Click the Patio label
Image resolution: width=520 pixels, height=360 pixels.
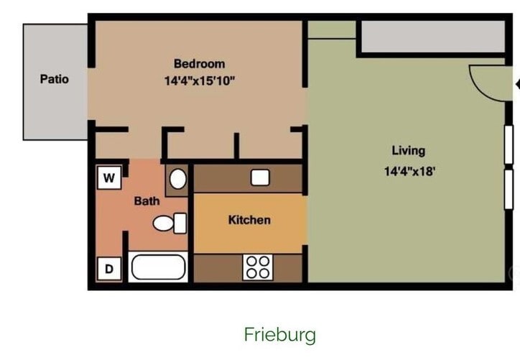55,79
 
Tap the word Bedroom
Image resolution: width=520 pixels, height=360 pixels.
199,63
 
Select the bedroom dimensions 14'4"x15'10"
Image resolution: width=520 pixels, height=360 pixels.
199,80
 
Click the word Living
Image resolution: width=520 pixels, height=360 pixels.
408,151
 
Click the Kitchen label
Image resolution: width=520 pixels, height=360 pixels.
249,220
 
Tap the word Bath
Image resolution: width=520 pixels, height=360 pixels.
147,201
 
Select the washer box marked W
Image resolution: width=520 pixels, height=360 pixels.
108,177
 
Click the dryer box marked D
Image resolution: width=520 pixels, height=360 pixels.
109,269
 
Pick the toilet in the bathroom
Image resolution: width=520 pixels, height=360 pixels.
170,223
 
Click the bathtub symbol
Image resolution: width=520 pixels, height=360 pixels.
158,268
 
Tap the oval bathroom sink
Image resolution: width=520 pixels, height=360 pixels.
177,179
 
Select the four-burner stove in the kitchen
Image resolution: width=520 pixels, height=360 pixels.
258,267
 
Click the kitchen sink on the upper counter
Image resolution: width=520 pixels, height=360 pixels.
260,177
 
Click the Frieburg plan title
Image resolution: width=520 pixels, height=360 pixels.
279,335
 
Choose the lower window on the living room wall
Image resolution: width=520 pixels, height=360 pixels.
509,188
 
